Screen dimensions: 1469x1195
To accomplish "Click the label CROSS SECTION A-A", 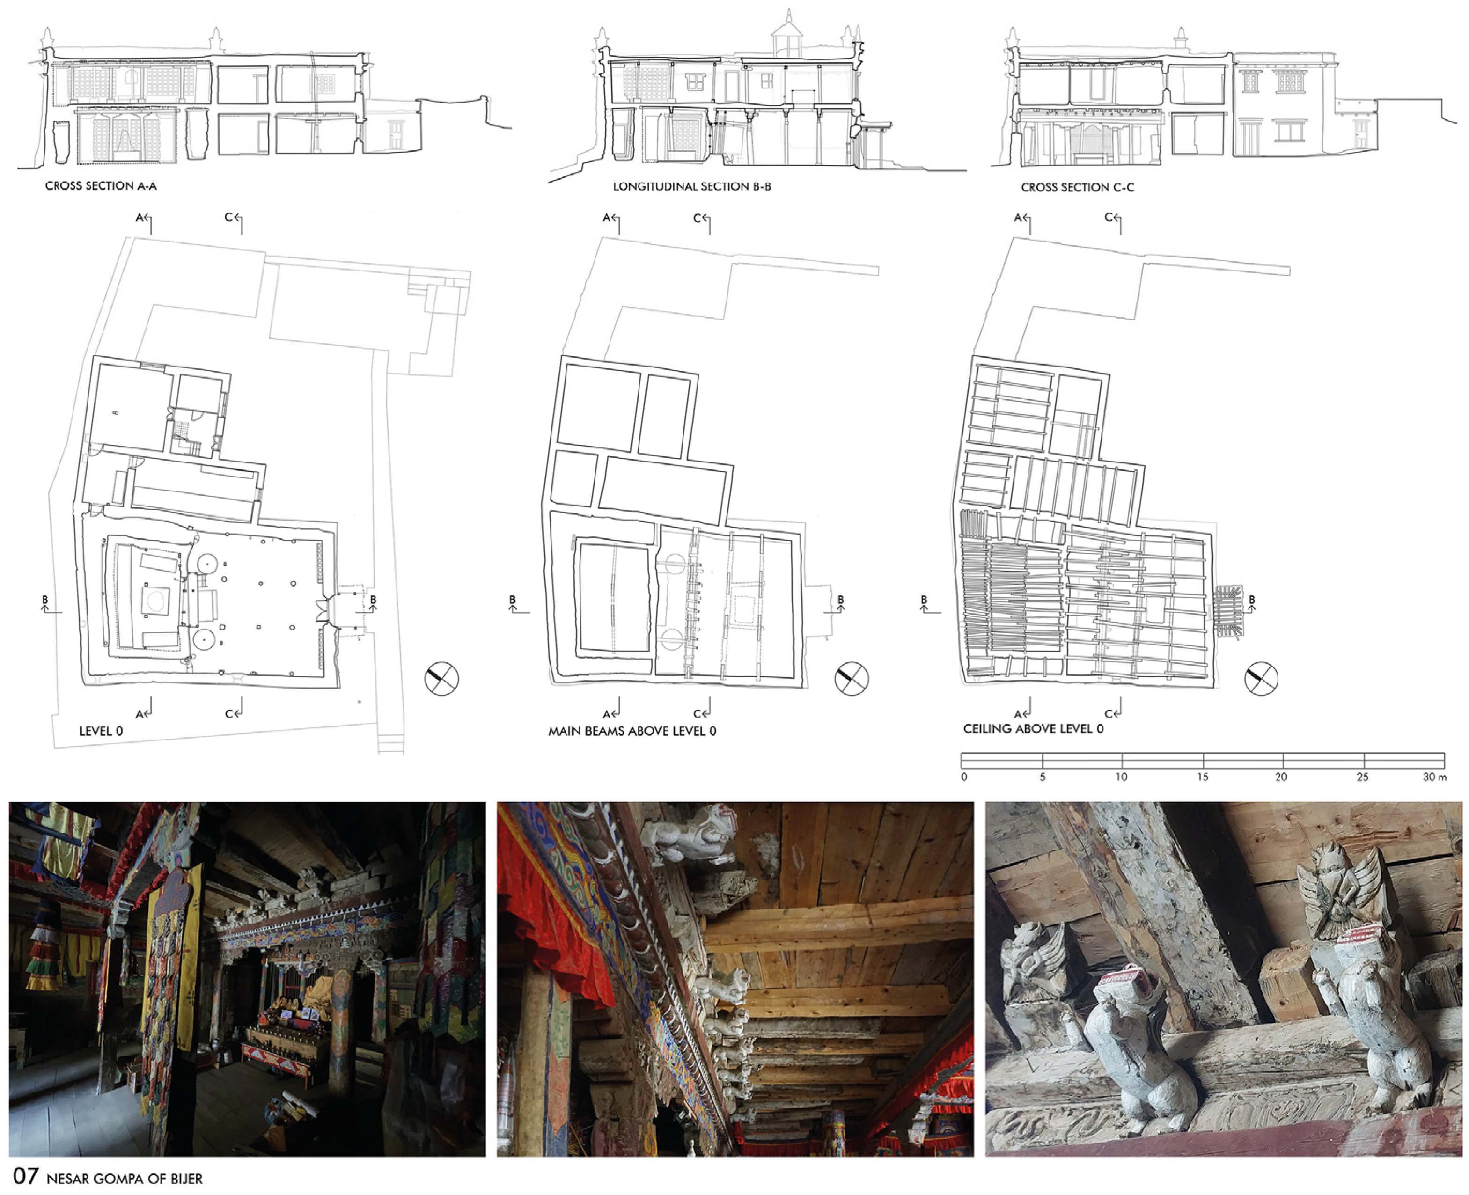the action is click(101, 186).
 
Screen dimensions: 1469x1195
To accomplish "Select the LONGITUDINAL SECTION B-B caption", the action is click(692, 187).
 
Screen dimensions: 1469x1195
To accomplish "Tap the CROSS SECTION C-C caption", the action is click(1077, 187).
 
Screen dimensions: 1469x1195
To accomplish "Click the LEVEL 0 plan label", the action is click(101, 731).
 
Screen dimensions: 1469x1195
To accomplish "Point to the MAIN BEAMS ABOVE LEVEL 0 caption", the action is click(632, 731).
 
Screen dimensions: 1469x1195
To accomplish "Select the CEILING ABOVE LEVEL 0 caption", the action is click(1033, 728).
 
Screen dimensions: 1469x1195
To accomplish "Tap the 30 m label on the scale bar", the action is click(1434, 777).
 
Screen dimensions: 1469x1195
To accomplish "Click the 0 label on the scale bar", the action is click(964, 777).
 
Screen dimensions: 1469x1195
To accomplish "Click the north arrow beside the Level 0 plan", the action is click(441, 678).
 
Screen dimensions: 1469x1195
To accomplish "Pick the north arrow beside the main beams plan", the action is click(852, 678).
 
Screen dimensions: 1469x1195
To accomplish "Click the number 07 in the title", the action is click(25, 1176).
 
